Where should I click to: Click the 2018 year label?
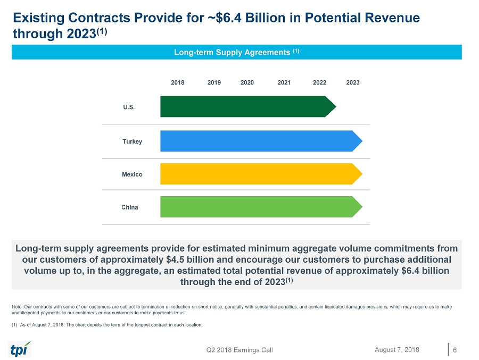point(178,82)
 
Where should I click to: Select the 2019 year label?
point(214,82)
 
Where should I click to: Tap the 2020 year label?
point(247,82)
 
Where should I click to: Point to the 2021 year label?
point(284,82)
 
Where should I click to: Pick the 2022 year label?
point(319,82)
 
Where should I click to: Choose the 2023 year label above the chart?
point(353,82)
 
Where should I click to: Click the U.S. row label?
point(129,107)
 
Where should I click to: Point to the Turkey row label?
point(132,141)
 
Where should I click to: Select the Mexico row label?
point(133,174)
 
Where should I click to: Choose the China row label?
point(130,207)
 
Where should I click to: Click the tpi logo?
point(20,349)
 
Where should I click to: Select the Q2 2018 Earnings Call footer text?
point(240,349)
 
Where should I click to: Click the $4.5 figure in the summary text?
point(177,259)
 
